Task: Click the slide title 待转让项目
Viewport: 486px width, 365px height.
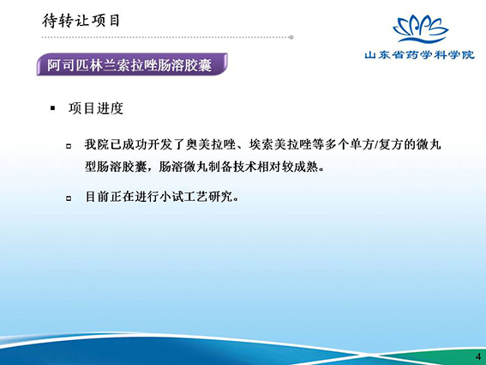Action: point(81,21)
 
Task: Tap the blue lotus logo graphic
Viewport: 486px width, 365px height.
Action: point(420,28)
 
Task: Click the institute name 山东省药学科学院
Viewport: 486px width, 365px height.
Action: point(420,55)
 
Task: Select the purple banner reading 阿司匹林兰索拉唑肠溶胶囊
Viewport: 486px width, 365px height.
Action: point(132,64)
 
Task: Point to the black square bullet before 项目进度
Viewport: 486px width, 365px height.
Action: point(52,108)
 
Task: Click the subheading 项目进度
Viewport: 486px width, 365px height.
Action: point(96,108)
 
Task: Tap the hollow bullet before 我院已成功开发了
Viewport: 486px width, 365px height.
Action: point(69,146)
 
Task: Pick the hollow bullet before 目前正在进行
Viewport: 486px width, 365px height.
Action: point(69,198)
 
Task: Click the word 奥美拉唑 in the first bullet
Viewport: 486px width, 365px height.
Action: point(211,145)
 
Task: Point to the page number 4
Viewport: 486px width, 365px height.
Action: point(478,356)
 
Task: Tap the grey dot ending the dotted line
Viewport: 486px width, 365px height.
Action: point(291,37)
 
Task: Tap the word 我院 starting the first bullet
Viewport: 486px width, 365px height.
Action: point(97,145)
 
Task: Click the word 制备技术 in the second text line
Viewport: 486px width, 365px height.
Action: point(232,167)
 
